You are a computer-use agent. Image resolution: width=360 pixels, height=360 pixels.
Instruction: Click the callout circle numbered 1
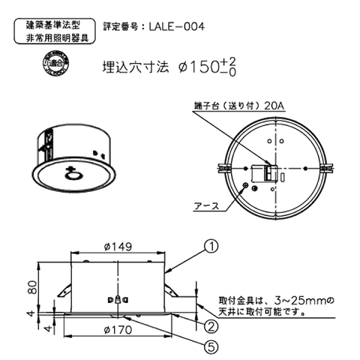(x=212, y=246)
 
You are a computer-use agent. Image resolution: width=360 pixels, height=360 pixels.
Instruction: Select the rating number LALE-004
(x=176, y=26)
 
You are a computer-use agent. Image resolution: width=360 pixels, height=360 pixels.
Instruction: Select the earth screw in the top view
(x=245, y=185)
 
